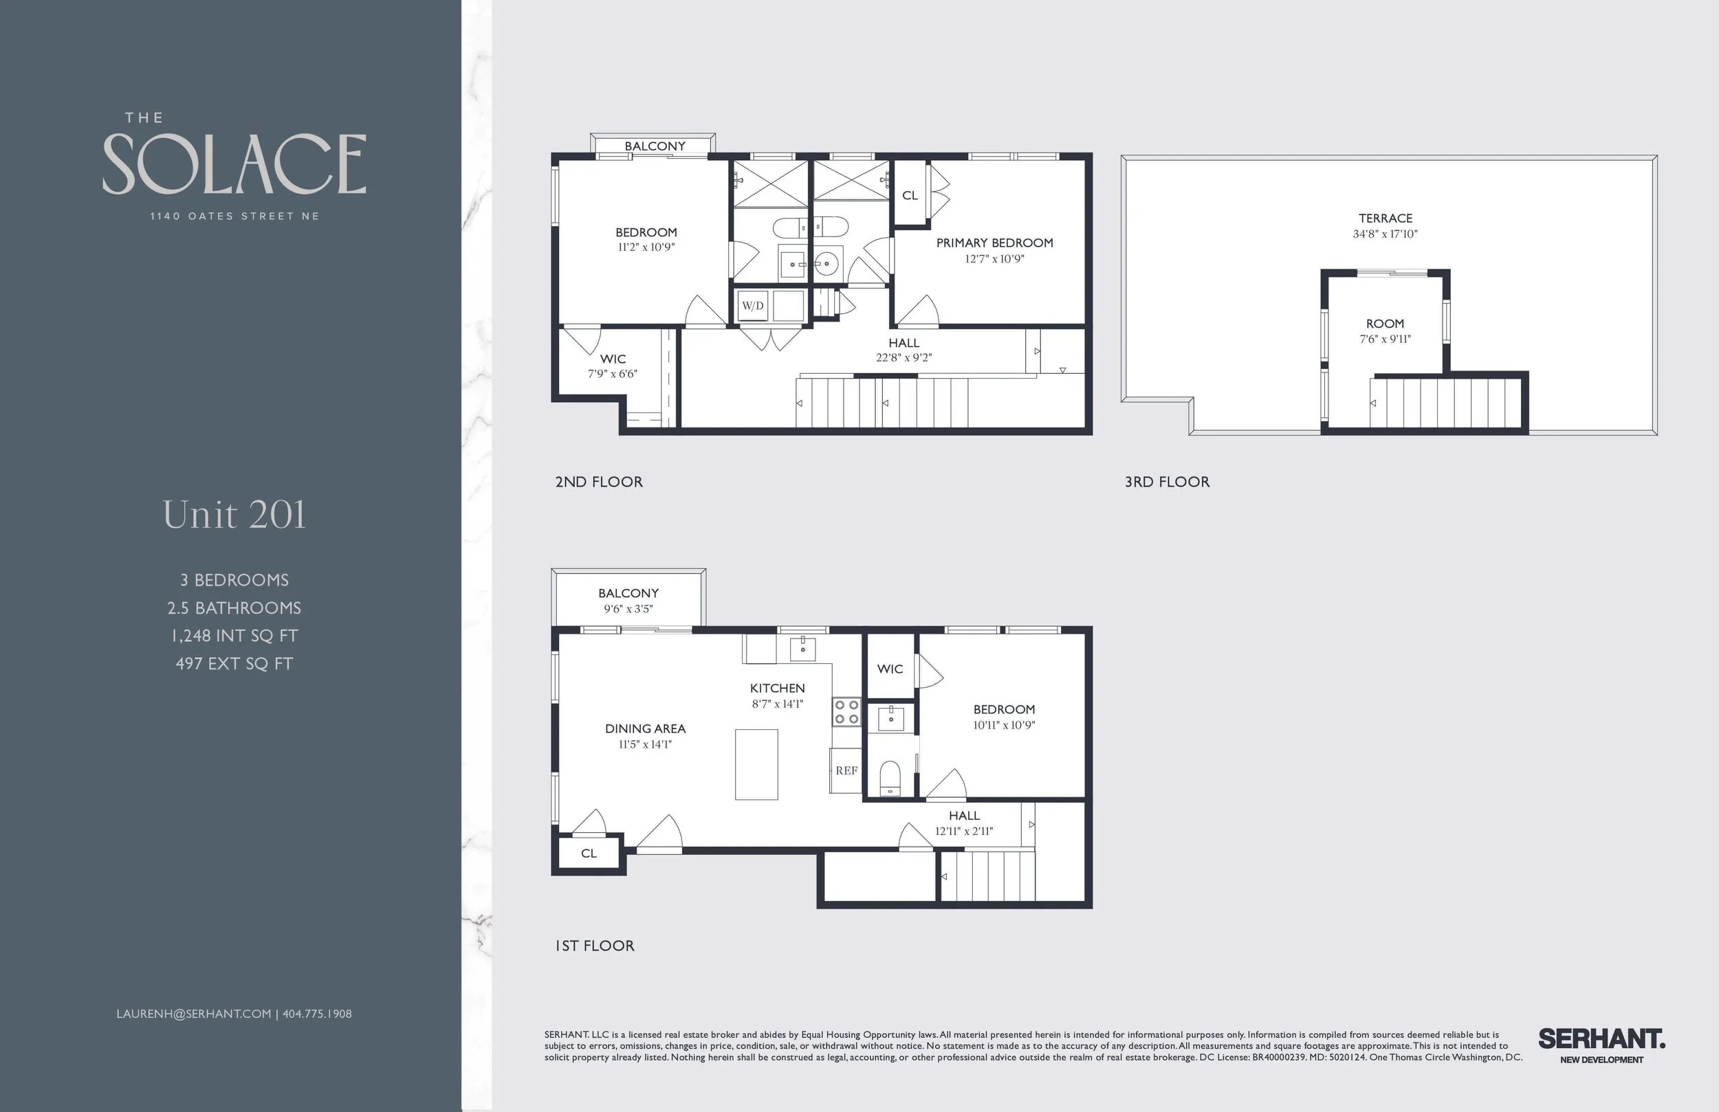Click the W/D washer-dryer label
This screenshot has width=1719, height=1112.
tap(753, 306)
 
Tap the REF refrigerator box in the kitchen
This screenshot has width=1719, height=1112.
tap(846, 770)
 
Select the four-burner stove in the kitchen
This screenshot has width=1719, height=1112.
tap(846, 711)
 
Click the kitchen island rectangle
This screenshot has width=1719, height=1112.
tap(756, 765)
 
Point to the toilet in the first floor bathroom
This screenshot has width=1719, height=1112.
tap(890, 779)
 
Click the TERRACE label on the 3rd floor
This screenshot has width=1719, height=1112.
tap(1385, 218)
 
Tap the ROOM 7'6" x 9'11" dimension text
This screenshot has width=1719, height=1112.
tap(1385, 340)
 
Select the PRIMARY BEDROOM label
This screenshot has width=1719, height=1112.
tap(994, 243)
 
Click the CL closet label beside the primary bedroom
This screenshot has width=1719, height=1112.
tap(909, 196)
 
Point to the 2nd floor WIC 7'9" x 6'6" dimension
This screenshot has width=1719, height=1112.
tap(613, 374)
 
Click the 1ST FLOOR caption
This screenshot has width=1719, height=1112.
tap(594, 946)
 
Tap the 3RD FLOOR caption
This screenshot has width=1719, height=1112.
tap(1166, 482)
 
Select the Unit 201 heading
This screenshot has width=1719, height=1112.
tap(234, 515)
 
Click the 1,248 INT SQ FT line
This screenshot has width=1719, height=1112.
tap(234, 636)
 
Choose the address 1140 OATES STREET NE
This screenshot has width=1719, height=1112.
tap(234, 216)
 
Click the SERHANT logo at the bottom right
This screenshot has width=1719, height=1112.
tap(1601, 1040)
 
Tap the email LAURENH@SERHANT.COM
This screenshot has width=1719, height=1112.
tap(194, 1014)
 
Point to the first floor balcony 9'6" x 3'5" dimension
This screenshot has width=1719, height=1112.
tap(628, 609)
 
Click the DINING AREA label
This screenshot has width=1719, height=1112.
tap(645, 729)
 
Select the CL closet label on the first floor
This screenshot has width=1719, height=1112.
tap(589, 854)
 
